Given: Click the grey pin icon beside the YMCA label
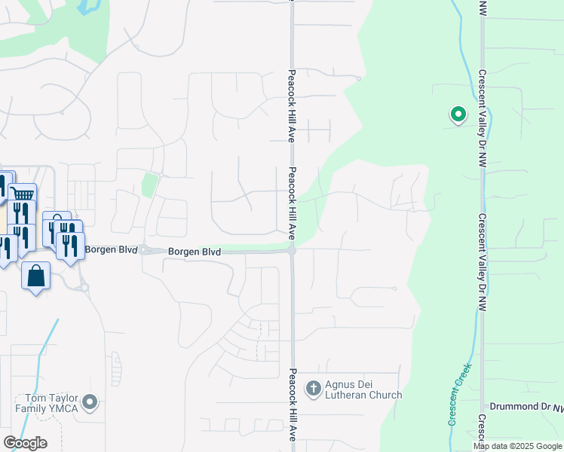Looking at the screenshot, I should [x=91, y=403].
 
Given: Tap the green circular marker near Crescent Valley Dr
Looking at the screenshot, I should [x=458, y=115].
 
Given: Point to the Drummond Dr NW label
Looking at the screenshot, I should [x=526, y=407].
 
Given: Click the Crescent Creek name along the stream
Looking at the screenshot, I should [x=458, y=394].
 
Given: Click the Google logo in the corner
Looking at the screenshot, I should [x=25, y=443].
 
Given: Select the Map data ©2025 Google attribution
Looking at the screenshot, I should [x=518, y=446].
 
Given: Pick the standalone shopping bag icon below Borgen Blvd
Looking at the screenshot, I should [x=36, y=276].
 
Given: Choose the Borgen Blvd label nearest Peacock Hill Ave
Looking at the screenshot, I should [x=195, y=252].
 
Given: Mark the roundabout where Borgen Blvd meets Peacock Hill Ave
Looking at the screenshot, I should [x=292, y=251].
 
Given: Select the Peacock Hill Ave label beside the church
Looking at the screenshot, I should [x=293, y=405].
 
